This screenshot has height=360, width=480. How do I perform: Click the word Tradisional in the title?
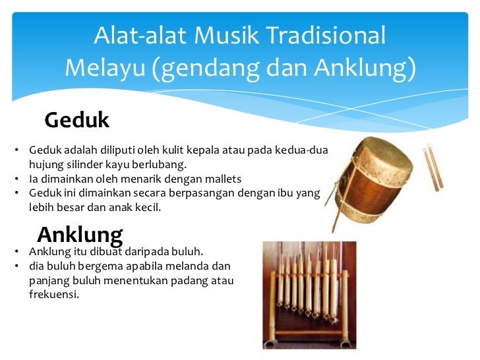326,35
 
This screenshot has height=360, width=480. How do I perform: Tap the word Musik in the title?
226,35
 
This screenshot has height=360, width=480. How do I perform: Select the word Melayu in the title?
105,68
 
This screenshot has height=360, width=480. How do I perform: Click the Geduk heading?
77,120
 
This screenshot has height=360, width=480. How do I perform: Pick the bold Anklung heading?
80,236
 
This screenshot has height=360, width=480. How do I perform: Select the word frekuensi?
54,294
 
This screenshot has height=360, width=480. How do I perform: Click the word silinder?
85,165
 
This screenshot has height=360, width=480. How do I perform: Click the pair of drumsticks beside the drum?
433,167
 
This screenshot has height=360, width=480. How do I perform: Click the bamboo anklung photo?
309,295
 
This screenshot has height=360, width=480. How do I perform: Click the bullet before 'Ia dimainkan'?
16,179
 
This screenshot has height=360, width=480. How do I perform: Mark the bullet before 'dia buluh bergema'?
16,266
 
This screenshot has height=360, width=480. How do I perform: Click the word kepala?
203,150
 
